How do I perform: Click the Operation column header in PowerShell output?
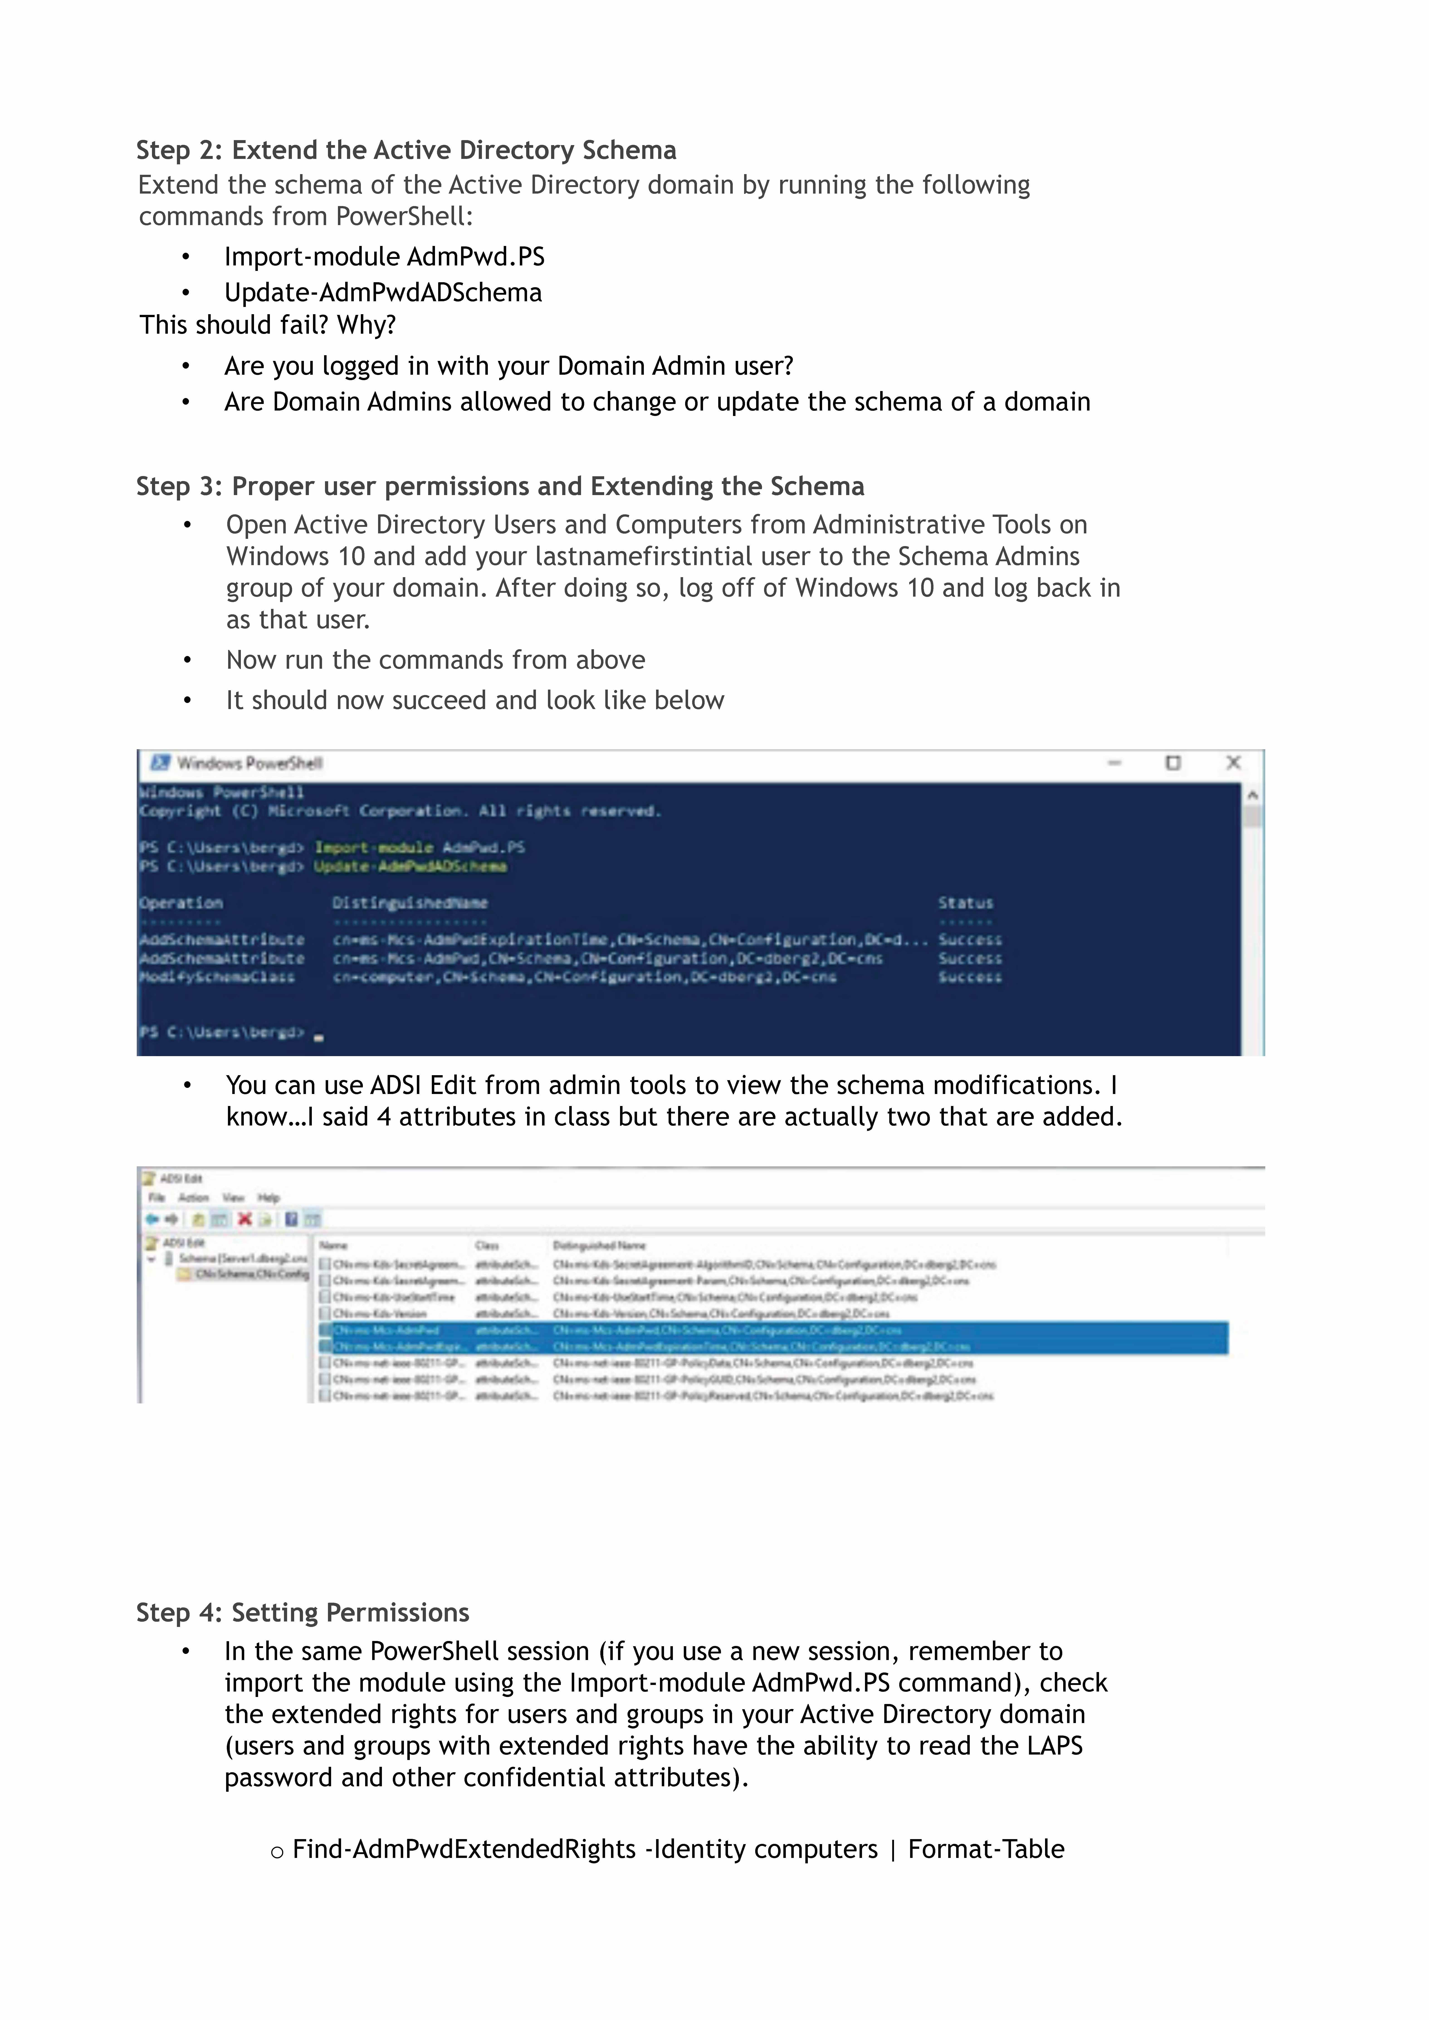pyautogui.click(x=181, y=903)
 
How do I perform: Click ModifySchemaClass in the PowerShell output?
pyautogui.click(x=217, y=977)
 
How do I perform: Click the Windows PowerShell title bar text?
pyautogui.click(x=250, y=763)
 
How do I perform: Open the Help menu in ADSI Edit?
pyautogui.click(x=268, y=1197)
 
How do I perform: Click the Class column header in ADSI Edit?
pyautogui.click(x=487, y=1245)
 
